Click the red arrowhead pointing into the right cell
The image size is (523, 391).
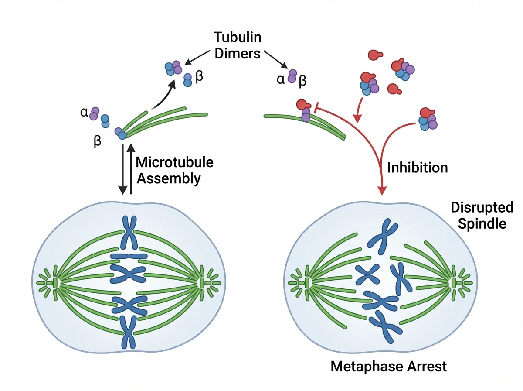[382, 191]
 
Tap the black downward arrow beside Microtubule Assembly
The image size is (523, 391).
[123, 170]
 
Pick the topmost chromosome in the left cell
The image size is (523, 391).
[129, 231]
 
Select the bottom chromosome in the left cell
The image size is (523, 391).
[129, 332]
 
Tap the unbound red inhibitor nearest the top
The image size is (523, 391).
[374, 55]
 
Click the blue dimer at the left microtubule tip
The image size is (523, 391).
[122, 136]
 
